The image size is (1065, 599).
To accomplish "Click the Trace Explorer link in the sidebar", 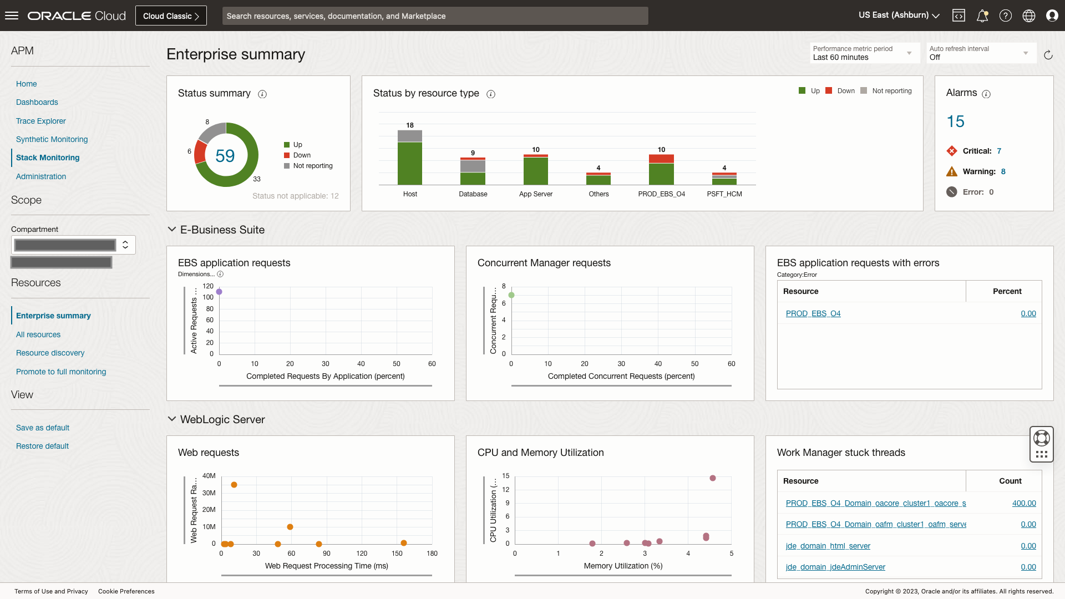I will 40,121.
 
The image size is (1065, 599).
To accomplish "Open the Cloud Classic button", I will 171,16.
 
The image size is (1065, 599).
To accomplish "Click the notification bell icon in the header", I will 982,16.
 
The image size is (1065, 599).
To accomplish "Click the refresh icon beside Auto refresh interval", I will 1048,55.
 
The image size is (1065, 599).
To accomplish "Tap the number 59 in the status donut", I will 225,156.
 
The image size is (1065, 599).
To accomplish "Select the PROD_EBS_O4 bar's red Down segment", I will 661,159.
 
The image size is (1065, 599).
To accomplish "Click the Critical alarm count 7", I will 999,151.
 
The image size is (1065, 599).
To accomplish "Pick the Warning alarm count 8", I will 1003,171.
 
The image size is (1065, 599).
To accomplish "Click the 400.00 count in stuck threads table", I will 1023,503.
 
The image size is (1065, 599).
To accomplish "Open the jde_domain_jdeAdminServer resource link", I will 835,567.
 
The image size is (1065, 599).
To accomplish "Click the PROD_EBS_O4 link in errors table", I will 813,313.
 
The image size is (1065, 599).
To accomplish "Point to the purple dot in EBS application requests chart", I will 219,292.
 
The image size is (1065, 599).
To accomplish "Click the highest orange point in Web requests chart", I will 234,485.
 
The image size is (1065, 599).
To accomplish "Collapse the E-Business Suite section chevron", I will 172,230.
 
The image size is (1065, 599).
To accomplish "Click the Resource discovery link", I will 50,353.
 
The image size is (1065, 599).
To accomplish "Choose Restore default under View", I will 42,446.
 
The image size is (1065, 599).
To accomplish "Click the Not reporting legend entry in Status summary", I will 312,166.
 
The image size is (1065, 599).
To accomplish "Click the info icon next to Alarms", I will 986,94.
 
